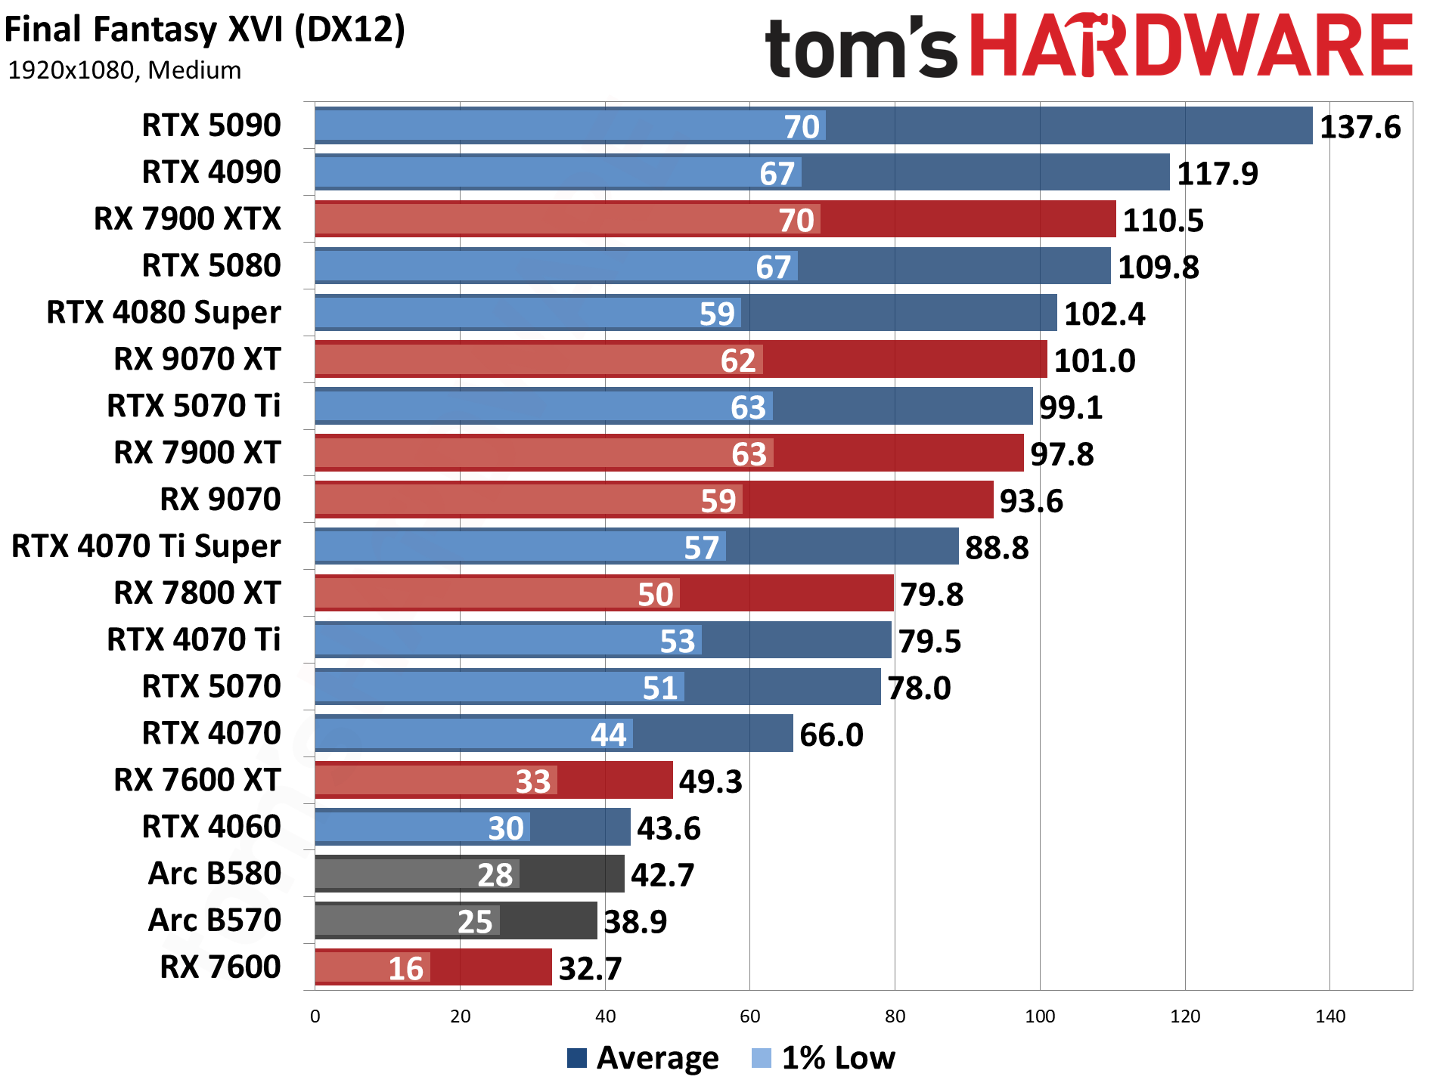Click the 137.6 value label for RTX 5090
click(x=1359, y=127)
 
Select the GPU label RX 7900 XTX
click(x=187, y=219)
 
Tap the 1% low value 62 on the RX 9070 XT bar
click(x=738, y=360)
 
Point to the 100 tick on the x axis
click(x=1039, y=1016)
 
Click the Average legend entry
click(x=643, y=1058)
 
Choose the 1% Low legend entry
click(x=824, y=1058)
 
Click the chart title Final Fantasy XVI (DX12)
click(x=205, y=30)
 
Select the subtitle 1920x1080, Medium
click(x=124, y=70)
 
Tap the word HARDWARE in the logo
click(x=1190, y=47)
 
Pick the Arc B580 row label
click(x=215, y=874)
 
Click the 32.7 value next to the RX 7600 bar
click(x=590, y=969)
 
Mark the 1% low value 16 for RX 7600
click(x=405, y=969)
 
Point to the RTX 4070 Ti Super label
click(x=146, y=546)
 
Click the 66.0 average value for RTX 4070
click(x=831, y=735)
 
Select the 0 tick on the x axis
click(x=315, y=1016)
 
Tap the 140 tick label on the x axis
click(x=1329, y=1016)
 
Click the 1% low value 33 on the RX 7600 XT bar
click(x=532, y=781)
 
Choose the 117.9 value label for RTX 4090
click(x=1217, y=174)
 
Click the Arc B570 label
click(x=215, y=920)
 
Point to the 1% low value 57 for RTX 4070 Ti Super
click(x=701, y=548)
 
